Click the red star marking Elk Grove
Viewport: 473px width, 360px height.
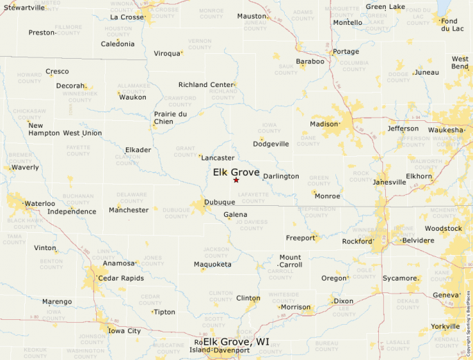click(236, 180)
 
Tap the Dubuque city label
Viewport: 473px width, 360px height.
click(221, 202)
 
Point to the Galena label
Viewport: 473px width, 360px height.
click(235, 215)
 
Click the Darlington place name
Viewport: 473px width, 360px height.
click(281, 176)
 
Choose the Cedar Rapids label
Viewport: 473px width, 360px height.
click(121, 278)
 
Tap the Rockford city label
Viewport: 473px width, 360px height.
click(358, 241)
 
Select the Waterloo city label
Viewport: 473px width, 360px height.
click(39, 203)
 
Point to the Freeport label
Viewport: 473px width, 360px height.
click(301, 238)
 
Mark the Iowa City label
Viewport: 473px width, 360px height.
click(124, 331)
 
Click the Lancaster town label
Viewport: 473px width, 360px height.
click(217, 158)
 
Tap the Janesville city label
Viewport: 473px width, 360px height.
click(389, 182)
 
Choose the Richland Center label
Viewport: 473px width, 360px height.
click(206, 84)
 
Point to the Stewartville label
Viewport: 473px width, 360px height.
click(24, 7)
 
